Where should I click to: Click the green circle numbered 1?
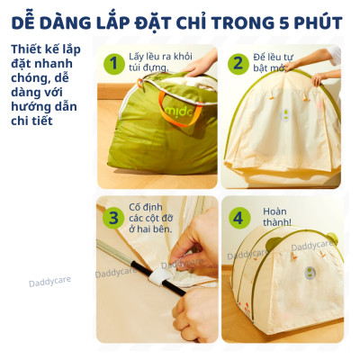113,64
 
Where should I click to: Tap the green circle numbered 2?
238,64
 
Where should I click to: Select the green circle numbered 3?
113,218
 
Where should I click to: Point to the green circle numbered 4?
239,218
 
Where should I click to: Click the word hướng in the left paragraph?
29,107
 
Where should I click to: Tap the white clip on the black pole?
160,277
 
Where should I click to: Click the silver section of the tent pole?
114,251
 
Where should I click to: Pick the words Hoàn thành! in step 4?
276,217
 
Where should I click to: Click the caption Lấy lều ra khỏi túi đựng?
160,62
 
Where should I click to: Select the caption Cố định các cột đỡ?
151,212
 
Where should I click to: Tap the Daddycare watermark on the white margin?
50,282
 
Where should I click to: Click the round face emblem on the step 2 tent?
285,115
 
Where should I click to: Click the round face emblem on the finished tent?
310,273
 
